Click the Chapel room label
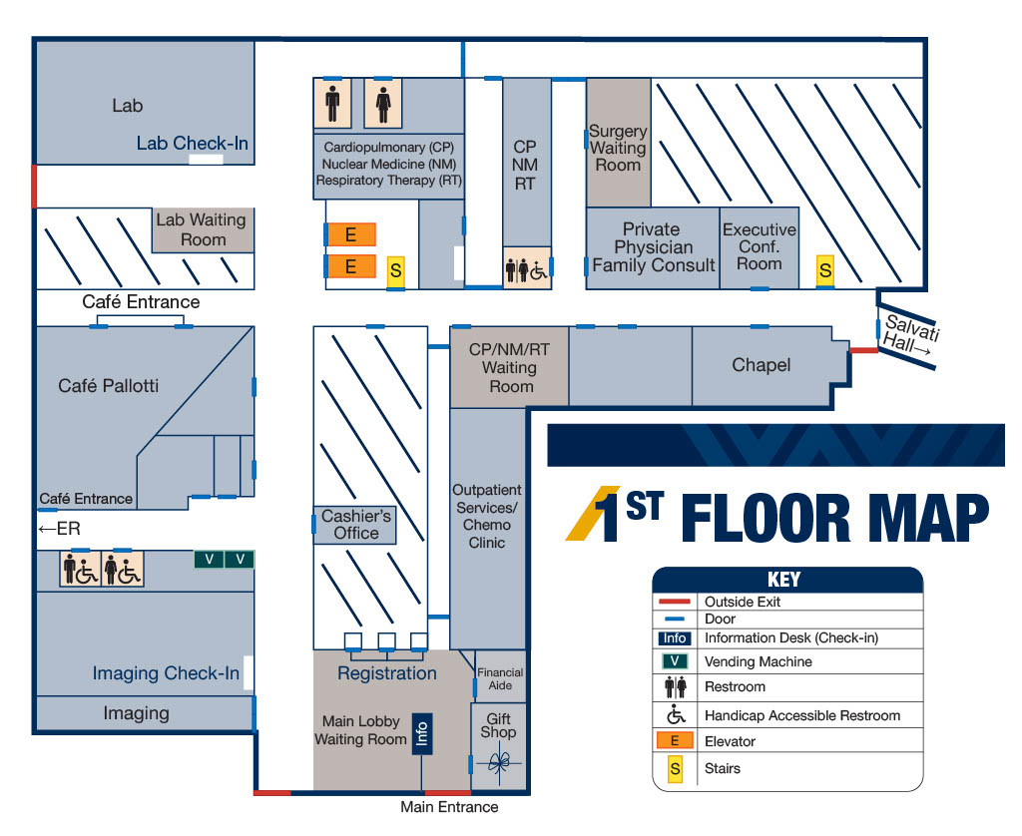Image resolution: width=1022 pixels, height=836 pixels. [x=761, y=365]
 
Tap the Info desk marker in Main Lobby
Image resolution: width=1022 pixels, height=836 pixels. [x=422, y=733]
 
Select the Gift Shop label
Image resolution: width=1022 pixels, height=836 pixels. [x=499, y=725]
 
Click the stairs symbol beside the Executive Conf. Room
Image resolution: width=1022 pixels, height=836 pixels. [x=825, y=269]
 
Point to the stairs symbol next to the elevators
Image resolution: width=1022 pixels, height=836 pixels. [x=395, y=269]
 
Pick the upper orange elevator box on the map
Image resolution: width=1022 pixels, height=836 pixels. [x=350, y=234]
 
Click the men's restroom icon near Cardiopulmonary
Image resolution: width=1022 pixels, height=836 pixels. [x=332, y=103]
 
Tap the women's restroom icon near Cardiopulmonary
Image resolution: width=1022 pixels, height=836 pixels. [x=383, y=103]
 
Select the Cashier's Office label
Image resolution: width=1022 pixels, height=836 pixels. [x=356, y=525]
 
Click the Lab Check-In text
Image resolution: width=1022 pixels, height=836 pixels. [x=193, y=143]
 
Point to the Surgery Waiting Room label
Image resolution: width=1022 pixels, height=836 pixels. [x=618, y=148]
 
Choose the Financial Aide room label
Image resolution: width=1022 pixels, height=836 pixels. [x=500, y=679]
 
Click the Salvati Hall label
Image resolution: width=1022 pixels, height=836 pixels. [x=910, y=335]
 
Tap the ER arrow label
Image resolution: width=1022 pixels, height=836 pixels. [x=59, y=529]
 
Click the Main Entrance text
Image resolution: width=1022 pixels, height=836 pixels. [x=449, y=807]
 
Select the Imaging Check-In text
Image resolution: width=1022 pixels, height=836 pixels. [x=166, y=673]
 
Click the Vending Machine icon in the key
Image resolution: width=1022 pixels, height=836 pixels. [x=675, y=661]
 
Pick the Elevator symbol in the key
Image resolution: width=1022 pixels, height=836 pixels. [x=675, y=741]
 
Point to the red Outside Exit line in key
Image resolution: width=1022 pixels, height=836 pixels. [x=675, y=602]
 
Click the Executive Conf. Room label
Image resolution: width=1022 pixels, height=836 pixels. [x=760, y=246]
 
